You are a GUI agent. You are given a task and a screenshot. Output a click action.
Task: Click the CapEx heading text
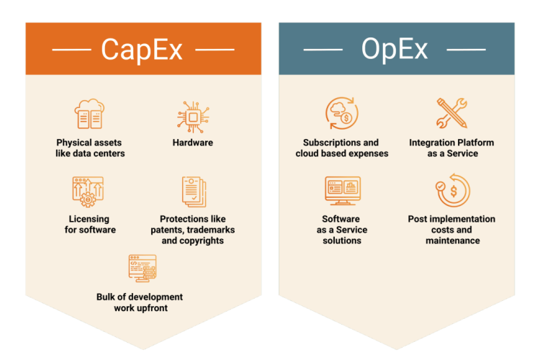tap(143, 49)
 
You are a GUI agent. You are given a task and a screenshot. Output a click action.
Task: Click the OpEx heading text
tap(395, 49)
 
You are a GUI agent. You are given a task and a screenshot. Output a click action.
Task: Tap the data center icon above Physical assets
tap(90, 115)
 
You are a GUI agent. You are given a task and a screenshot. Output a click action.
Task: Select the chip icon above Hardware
tap(192, 115)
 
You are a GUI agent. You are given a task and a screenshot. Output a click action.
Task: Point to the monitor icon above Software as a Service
tap(342, 192)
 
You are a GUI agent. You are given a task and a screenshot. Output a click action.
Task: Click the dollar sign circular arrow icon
tap(451, 191)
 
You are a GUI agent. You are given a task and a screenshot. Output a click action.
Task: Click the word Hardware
tap(192, 143)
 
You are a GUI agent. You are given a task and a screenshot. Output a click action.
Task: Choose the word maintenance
tap(452, 240)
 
